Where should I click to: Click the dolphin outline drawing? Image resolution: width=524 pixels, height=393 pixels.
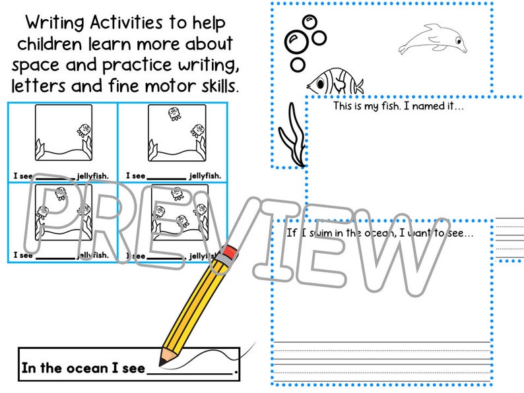coord(432,40)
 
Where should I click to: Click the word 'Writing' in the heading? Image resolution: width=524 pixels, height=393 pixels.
coord(56,22)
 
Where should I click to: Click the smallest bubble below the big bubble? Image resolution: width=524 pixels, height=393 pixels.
coord(298,65)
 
